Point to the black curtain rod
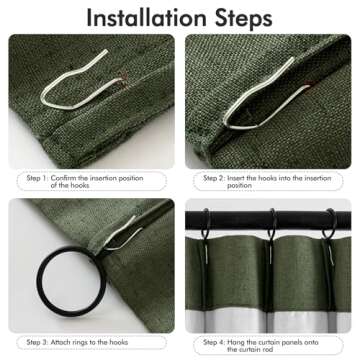coord(240,213)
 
